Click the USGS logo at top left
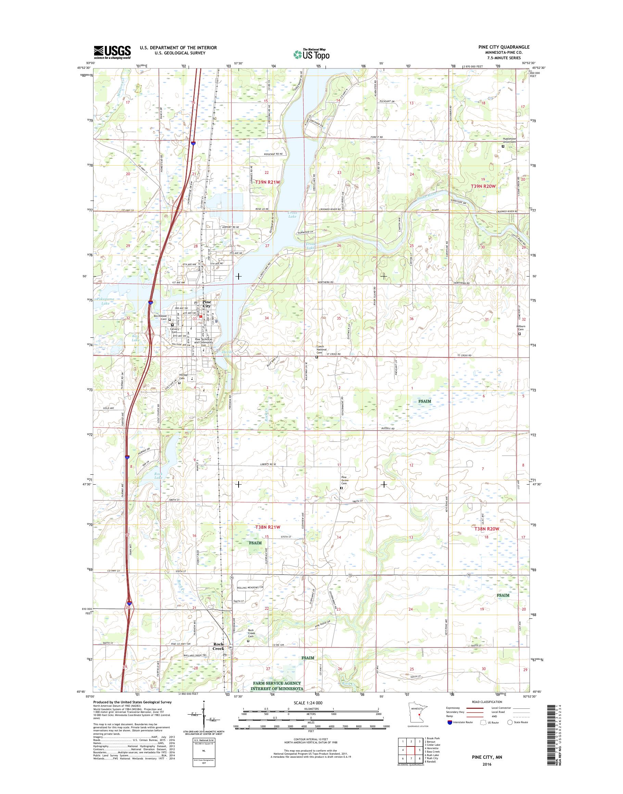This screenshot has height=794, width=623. tap(112, 52)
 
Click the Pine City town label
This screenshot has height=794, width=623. tap(206, 304)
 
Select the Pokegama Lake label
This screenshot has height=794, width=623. tap(105, 301)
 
